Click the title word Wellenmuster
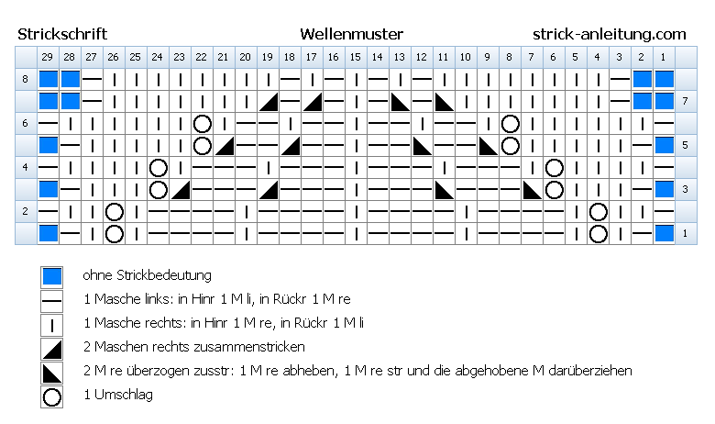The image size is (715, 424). (352, 34)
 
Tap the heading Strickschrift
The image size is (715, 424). (62, 34)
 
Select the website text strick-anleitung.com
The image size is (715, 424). (610, 35)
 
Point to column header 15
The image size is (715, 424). (356, 57)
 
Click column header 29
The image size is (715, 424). (48, 57)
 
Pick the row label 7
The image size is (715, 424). (685, 101)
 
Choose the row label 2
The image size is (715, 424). (25, 211)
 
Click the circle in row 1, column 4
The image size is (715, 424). (598, 234)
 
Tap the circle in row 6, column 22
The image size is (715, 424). (202, 123)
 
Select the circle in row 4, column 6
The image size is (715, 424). (554, 168)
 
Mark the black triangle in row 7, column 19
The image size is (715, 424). (269, 101)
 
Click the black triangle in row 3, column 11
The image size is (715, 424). (445, 189)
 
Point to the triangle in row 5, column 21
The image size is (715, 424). (225, 145)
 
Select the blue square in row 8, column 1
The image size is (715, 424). (664, 79)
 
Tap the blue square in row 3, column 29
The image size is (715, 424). (48, 189)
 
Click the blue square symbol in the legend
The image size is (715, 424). (51, 276)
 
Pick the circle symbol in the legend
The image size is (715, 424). (51, 396)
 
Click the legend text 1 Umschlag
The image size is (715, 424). (118, 395)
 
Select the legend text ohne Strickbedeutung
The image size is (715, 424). (147, 275)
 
